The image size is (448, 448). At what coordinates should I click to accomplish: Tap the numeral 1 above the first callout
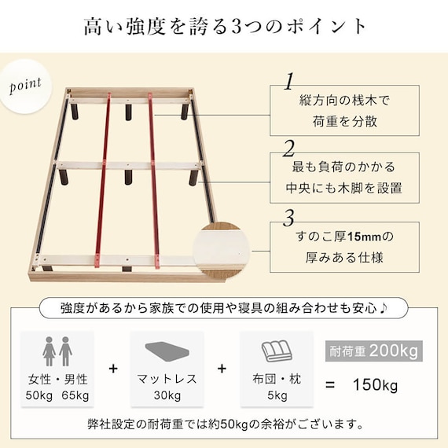pyautogui.click(x=289, y=82)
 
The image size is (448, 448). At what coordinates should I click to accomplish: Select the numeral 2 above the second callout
pyautogui.click(x=289, y=149)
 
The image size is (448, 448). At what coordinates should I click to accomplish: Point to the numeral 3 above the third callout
pyautogui.click(x=289, y=216)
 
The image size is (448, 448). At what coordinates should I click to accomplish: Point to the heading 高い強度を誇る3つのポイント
pyautogui.click(x=224, y=26)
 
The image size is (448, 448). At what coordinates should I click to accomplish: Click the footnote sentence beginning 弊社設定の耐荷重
pyautogui.click(x=224, y=425)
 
